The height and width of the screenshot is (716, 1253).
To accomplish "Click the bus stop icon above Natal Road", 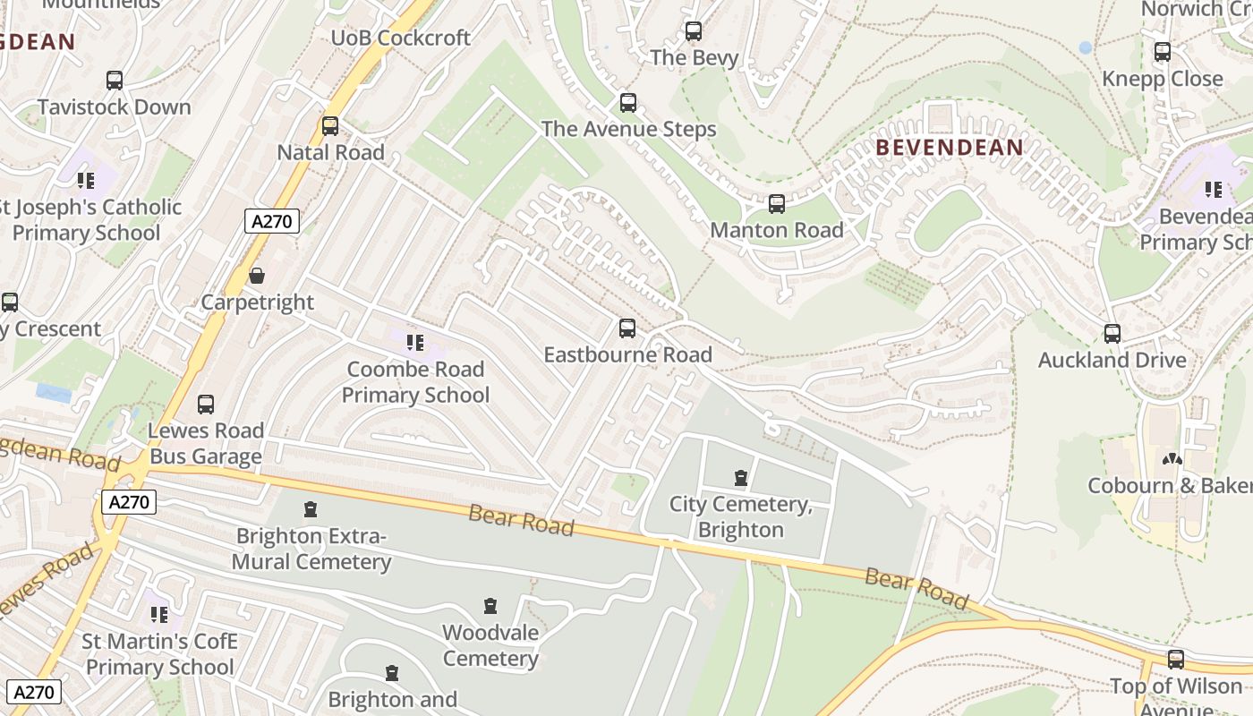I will click(330, 126).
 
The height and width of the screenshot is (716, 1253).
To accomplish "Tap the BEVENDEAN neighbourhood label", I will click(949, 148).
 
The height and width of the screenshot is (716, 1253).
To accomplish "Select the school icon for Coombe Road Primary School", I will click(414, 342).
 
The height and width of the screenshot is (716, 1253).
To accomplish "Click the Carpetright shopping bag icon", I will click(257, 276).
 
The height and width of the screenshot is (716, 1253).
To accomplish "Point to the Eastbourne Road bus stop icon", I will click(627, 328).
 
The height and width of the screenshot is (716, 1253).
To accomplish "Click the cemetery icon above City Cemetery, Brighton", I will click(740, 478).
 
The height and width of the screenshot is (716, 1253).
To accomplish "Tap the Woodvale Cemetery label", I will click(490, 645).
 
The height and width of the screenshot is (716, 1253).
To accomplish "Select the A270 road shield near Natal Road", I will click(272, 221).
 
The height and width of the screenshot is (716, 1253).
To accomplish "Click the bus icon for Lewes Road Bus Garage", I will click(206, 405).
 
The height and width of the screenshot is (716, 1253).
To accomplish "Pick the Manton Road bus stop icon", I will click(776, 204).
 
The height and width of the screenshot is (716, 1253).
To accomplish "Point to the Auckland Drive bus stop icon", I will click(1112, 334).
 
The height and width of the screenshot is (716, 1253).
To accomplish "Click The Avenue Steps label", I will click(628, 129).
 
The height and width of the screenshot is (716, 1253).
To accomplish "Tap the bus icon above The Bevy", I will click(694, 31).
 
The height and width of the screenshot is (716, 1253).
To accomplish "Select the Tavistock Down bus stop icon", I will click(115, 81).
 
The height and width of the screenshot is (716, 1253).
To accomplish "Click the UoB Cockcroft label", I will click(400, 38).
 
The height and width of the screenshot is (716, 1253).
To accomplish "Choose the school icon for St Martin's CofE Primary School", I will click(159, 615).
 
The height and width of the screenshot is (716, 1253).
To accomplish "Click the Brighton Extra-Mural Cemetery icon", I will click(311, 510).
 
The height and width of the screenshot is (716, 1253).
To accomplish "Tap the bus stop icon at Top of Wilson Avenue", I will click(1175, 660).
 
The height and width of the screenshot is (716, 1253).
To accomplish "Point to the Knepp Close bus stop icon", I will click(1162, 52).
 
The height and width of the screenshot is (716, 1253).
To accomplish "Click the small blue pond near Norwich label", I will click(1086, 47).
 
